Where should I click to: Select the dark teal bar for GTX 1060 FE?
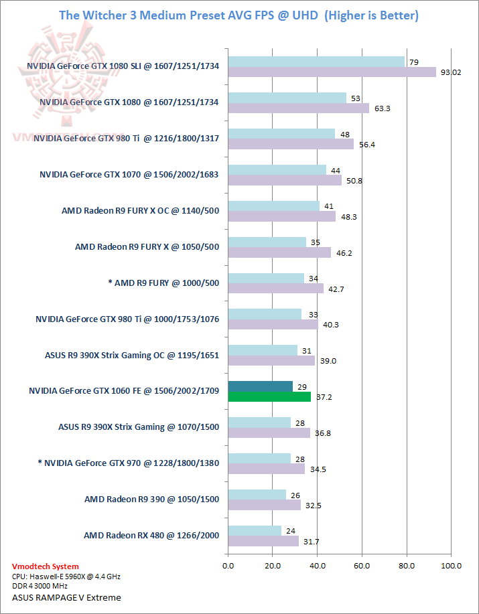point(261,386)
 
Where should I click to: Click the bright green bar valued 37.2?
point(269,396)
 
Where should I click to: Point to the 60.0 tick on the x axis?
point(362,566)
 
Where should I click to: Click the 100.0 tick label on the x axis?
point(451,566)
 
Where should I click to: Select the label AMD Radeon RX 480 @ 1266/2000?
point(151,535)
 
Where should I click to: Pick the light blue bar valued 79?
point(316,62)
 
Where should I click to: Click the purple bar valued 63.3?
point(299,108)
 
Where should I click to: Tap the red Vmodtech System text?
point(45,566)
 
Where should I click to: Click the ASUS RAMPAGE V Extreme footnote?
point(66,597)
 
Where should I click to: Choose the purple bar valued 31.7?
point(263,541)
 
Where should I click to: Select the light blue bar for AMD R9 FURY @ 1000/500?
point(266,278)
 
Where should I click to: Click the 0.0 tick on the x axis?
point(228,566)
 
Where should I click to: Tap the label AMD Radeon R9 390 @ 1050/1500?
point(151,499)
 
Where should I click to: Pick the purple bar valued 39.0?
point(271,360)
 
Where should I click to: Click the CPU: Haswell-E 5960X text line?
point(66,577)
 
